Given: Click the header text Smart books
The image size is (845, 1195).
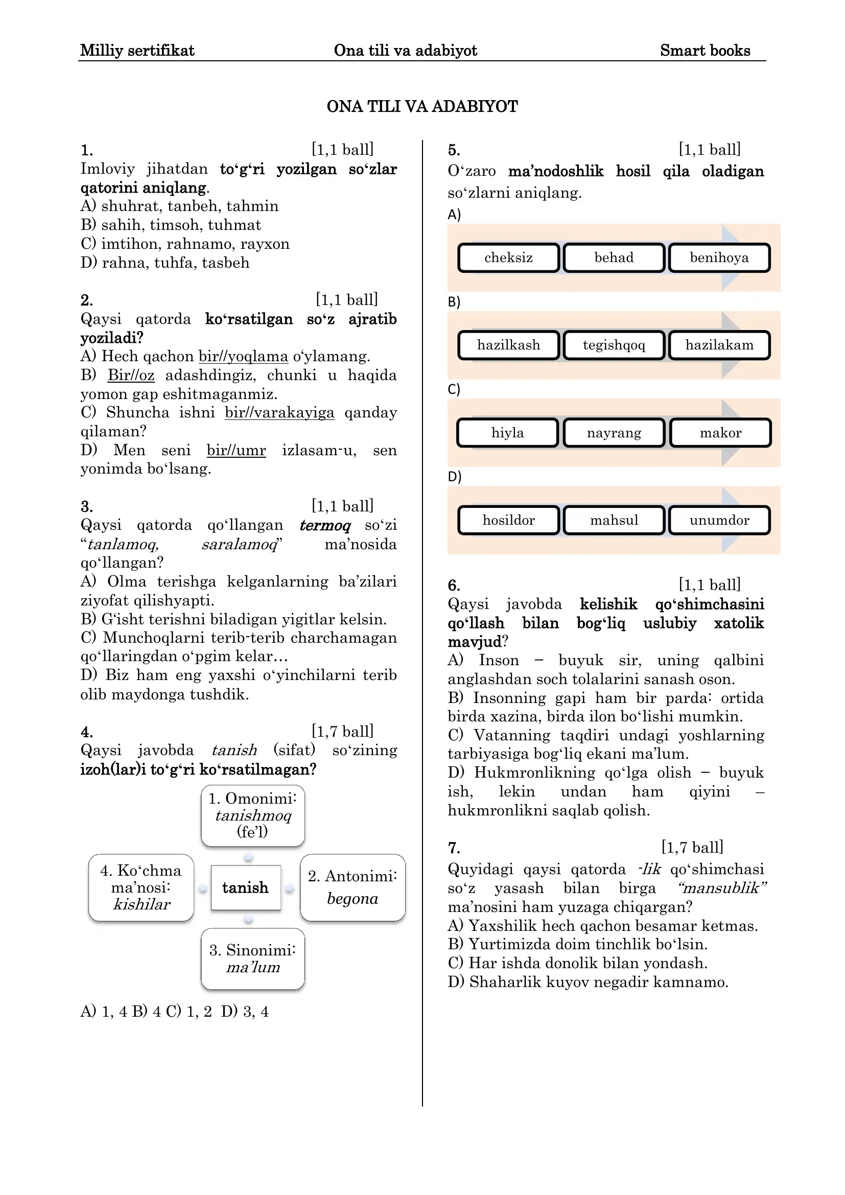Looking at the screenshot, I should click(x=705, y=51).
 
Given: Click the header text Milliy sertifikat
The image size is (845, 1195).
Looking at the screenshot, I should click(x=137, y=51).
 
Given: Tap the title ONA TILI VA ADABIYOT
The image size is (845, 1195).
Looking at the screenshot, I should click(x=422, y=106).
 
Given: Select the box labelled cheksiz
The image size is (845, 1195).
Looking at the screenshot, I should click(x=508, y=257).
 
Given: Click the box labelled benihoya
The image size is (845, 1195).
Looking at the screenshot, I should click(x=719, y=257).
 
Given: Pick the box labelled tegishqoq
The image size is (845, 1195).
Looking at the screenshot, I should click(x=614, y=345).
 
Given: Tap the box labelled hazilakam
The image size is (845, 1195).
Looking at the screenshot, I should click(x=719, y=345).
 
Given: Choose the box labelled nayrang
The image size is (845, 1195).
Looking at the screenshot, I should click(x=614, y=433).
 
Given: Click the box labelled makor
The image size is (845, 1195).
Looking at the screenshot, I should click(x=720, y=433).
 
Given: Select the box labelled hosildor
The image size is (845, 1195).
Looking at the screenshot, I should click(x=508, y=520).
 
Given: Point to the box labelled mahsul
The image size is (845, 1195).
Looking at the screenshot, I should click(x=614, y=520).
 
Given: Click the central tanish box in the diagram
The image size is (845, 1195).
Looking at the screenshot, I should click(x=246, y=887).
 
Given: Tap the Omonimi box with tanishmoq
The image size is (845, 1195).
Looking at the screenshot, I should click(x=253, y=815).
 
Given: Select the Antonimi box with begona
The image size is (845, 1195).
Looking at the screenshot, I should click(x=353, y=887).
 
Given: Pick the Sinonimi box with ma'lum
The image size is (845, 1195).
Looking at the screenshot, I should click(x=253, y=958).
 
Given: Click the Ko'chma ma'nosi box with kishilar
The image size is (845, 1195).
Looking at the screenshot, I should click(x=141, y=887).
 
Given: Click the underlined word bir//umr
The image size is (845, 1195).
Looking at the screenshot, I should click(x=236, y=450).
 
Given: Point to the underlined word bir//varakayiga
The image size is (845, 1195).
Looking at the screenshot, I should click(x=279, y=413).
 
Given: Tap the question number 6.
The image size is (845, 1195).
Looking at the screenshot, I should click(x=454, y=585).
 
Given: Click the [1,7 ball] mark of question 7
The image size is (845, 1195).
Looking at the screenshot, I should click(x=692, y=847).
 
